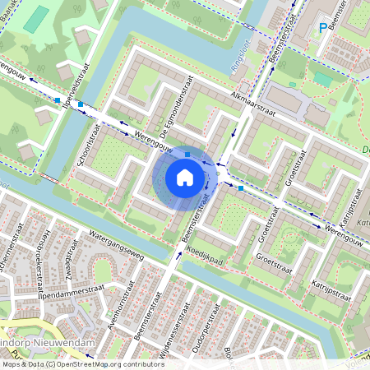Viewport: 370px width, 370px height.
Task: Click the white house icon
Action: coord(185,177)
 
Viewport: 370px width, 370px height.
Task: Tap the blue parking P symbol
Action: coord(322,30)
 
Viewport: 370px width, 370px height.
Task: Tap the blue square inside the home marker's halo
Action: coord(187,154)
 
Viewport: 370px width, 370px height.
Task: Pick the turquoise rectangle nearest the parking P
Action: coord(324,79)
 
